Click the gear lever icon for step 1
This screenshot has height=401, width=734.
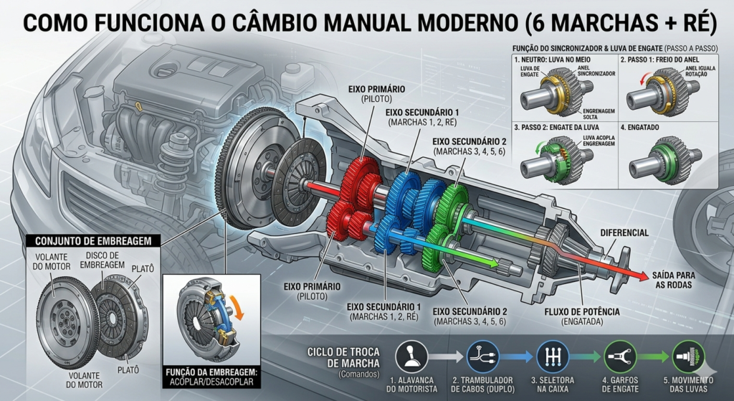411,356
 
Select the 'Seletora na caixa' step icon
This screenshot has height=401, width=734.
553,356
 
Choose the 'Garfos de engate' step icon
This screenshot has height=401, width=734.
620,356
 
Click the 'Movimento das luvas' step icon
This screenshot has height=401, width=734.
688,356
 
